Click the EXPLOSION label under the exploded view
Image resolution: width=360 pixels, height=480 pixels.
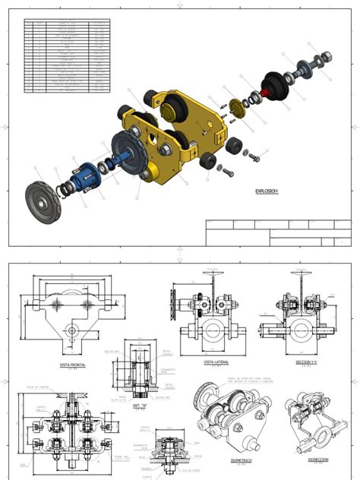pyautogui.click(x=267, y=191)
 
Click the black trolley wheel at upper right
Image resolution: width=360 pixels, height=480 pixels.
pyautogui.click(x=276, y=85)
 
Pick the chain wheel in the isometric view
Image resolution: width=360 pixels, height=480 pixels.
pyautogui.click(x=206, y=395)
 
